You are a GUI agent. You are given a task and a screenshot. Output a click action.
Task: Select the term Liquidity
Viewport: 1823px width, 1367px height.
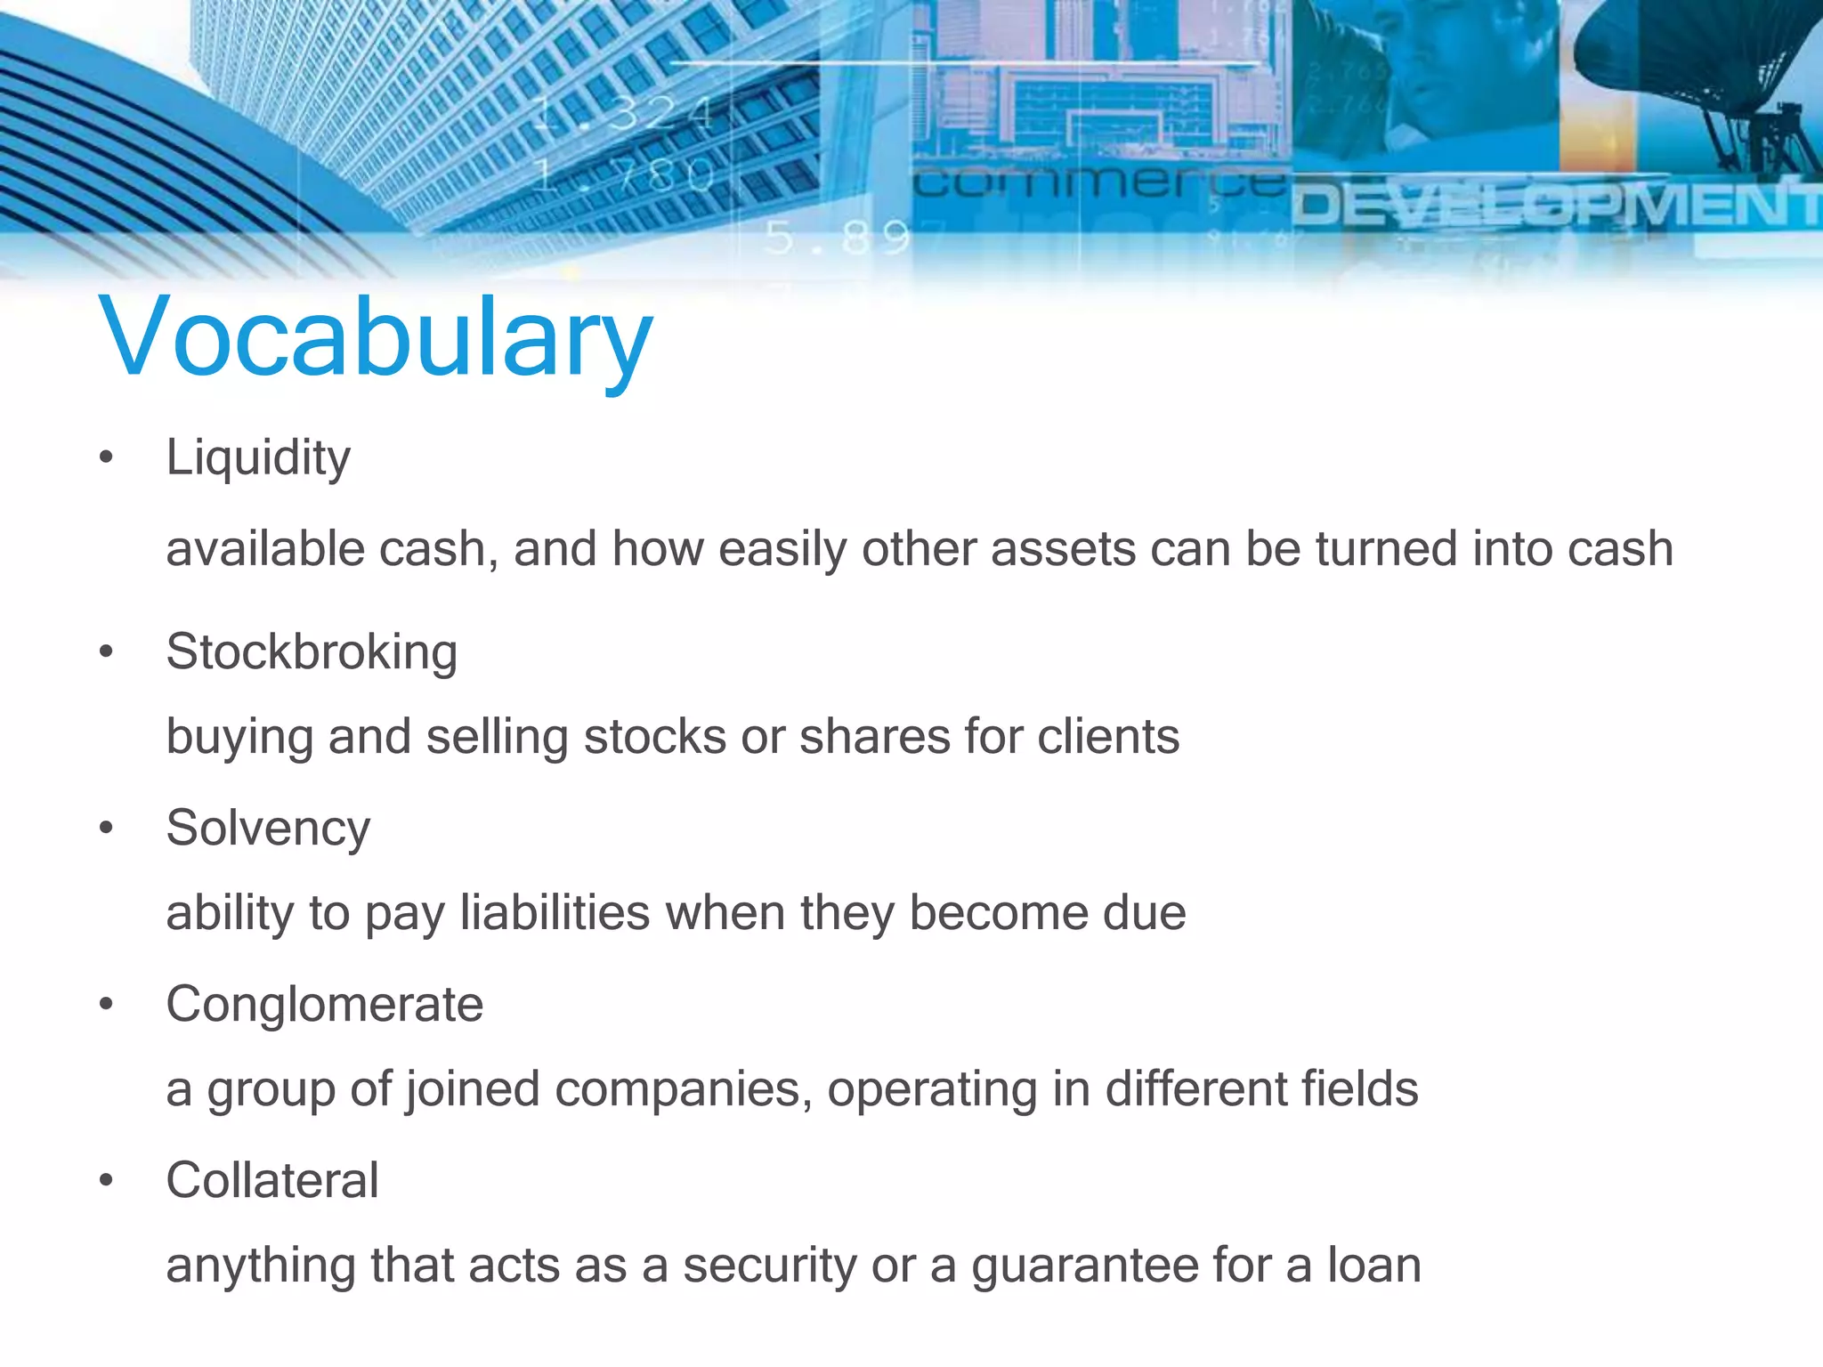(258, 458)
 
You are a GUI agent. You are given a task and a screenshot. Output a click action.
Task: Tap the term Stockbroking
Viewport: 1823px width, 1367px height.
(312, 651)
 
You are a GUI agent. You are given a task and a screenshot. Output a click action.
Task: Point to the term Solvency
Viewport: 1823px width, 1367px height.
(268, 828)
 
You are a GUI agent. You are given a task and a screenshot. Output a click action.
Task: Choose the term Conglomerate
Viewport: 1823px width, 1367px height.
(324, 1004)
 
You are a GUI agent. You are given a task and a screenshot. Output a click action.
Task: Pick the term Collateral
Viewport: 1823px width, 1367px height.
(272, 1180)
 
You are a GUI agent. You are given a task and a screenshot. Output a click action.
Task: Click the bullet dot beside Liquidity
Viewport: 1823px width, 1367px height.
(107, 458)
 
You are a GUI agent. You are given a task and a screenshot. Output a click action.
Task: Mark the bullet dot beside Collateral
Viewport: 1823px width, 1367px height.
(107, 1181)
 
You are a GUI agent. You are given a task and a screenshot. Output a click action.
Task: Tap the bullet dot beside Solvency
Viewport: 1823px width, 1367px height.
(107, 829)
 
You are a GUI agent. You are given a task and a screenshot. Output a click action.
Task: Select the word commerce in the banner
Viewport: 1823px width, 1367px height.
(1100, 183)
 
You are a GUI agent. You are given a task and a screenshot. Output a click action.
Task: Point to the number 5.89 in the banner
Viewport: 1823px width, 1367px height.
(837, 238)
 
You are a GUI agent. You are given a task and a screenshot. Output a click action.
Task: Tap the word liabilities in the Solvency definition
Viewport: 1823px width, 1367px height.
(555, 913)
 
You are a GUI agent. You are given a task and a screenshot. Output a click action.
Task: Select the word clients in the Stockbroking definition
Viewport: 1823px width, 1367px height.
(1108, 737)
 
